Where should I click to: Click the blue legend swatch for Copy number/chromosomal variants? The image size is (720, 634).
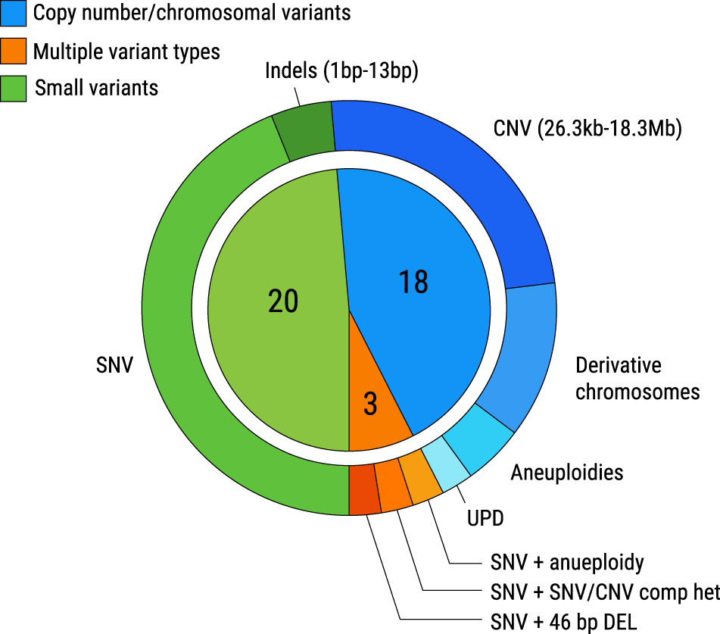tap(14, 13)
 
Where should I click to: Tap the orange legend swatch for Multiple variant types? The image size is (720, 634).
tap(14, 51)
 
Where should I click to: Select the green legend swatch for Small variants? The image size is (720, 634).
tap(14, 88)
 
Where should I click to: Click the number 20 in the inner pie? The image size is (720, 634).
tap(283, 301)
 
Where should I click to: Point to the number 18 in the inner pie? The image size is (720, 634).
tap(413, 282)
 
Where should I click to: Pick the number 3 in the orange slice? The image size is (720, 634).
tap(370, 405)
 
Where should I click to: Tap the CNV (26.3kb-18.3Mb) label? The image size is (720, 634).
tap(588, 129)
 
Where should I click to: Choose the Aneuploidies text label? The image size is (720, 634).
tap(566, 473)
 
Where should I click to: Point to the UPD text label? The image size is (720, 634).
tap(484, 518)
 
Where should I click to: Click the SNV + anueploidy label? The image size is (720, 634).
tap(567, 563)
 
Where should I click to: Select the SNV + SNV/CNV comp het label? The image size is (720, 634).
tap(604, 591)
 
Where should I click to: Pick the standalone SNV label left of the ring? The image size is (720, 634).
tap(114, 366)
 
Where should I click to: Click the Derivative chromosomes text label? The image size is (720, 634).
tap(637, 378)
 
